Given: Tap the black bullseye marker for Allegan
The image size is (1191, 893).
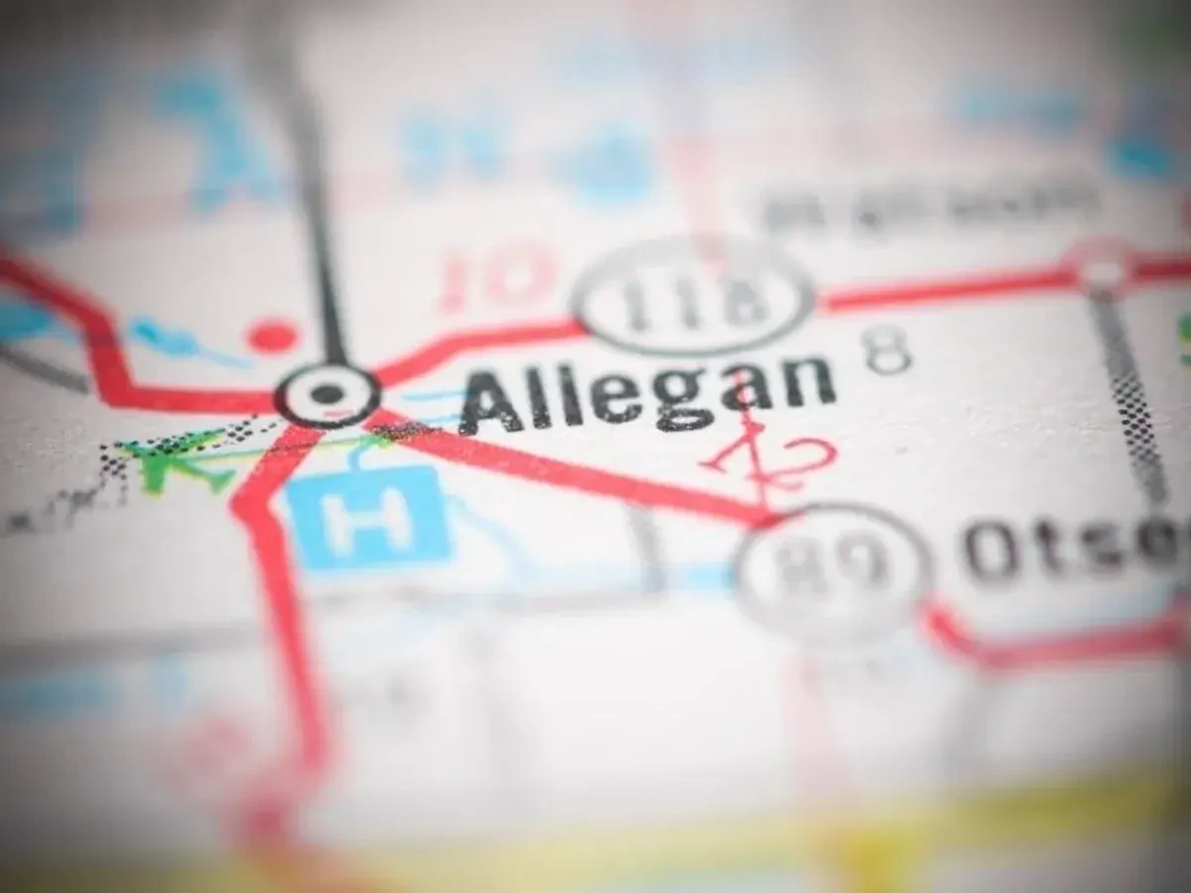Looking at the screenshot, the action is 327,394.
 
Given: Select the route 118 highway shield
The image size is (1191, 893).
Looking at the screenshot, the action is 695,297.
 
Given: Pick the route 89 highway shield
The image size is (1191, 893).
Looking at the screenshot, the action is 834,570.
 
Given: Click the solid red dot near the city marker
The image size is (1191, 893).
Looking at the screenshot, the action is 272,335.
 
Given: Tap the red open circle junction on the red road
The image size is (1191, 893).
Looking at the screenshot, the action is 1102,268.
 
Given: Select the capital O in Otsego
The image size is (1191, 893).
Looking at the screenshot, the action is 992,553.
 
